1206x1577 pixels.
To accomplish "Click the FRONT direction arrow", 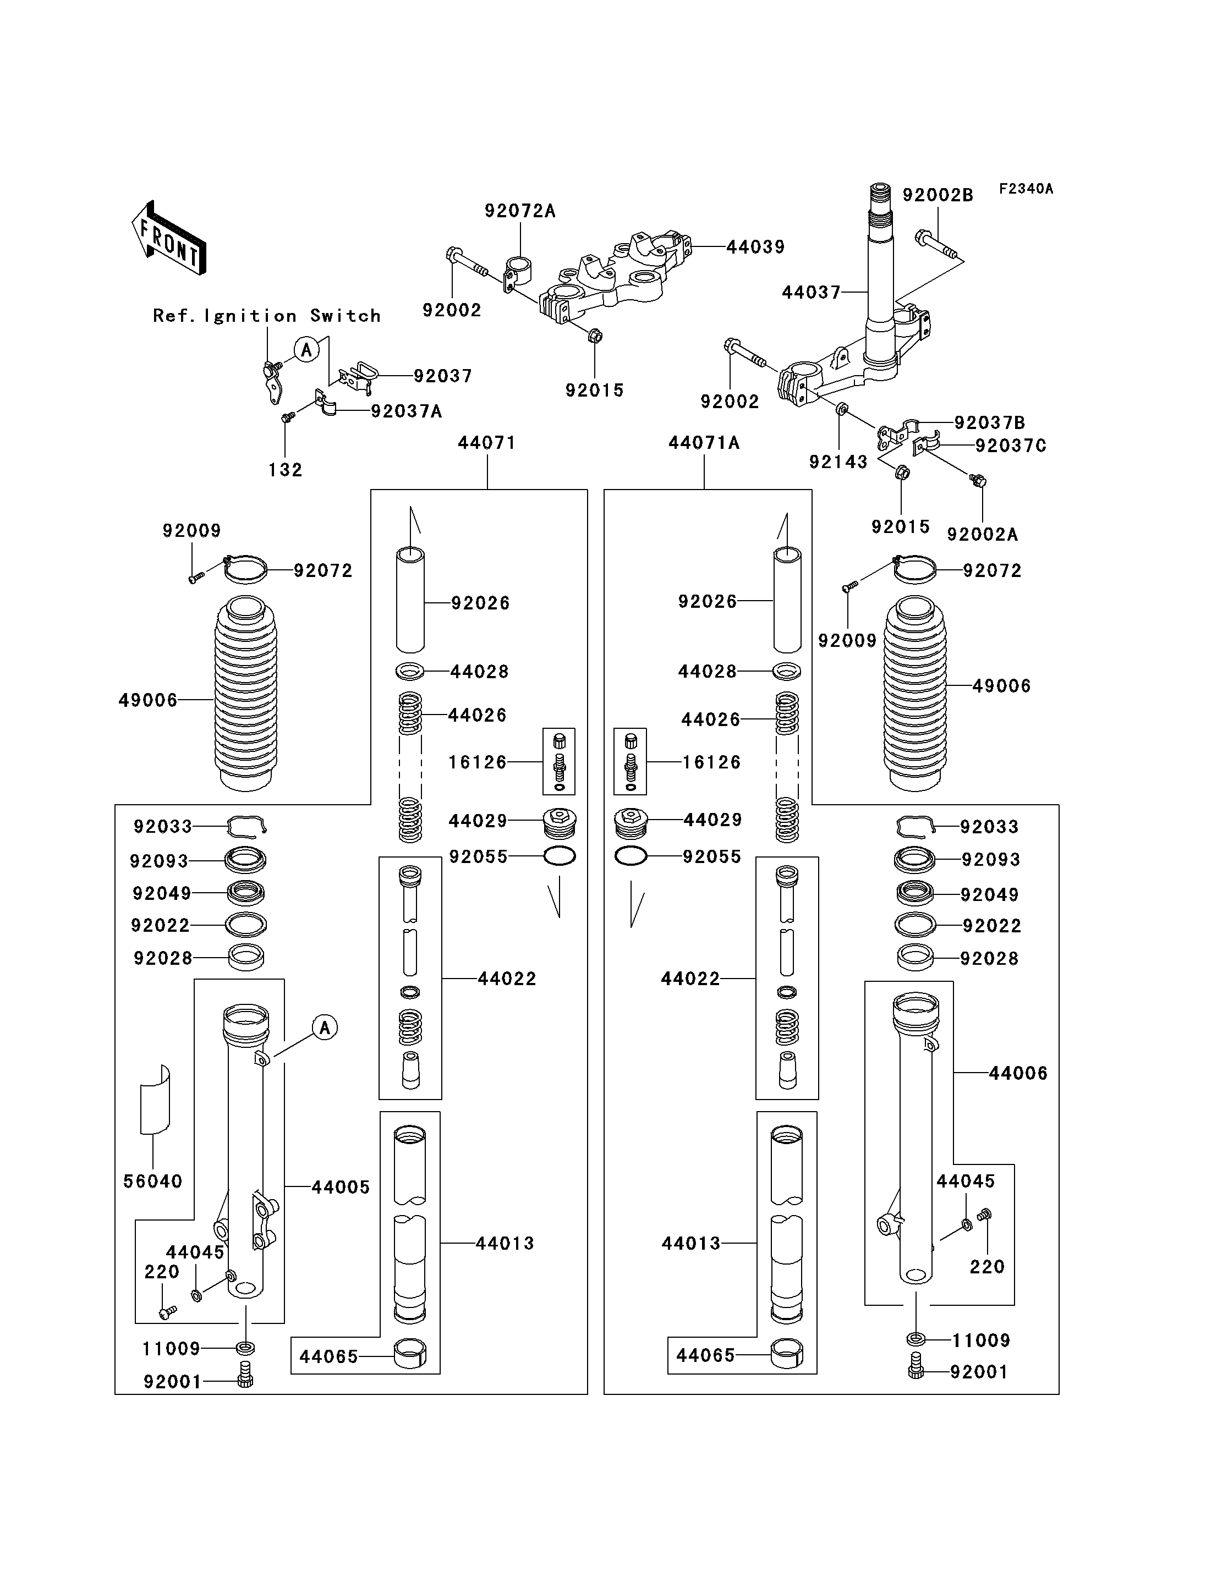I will coord(169,238).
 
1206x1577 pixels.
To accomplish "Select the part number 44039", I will coord(755,247).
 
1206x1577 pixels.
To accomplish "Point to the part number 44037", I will coord(810,292).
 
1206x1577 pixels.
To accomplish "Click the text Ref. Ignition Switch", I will coord(266,316).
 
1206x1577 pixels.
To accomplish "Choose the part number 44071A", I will coord(704,443).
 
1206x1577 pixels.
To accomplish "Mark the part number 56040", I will coord(153,1182).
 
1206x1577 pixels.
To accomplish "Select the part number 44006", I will coord(1018,1073).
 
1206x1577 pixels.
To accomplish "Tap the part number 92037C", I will coord(1010,446).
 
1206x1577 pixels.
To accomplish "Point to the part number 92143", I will coord(838,461).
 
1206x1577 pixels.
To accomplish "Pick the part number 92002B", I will coord(938,195).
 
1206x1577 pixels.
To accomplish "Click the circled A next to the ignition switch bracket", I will coord(306,350).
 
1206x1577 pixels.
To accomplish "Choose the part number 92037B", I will coord(989,423).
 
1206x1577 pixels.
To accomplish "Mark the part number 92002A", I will coord(982,534).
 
